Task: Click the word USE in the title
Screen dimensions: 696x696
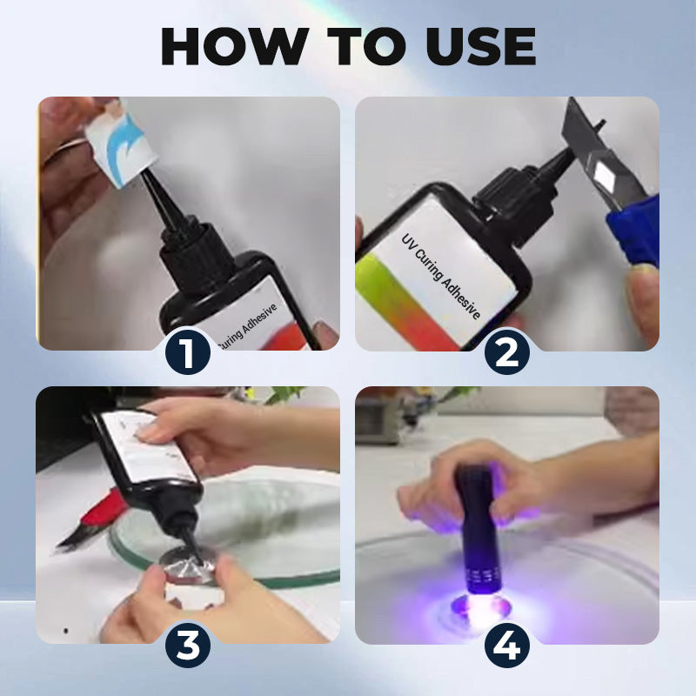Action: pyautogui.click(x=477, y=47)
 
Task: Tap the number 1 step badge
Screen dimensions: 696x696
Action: pyautogui.click(x=187, y=351)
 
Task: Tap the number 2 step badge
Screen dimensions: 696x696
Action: pyautogui.click(x=507, y=351)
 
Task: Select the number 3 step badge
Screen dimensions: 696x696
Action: pyautogui.click(x=187, y=645)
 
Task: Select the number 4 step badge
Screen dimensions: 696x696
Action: pyautogui.click(x=507, y=645)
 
